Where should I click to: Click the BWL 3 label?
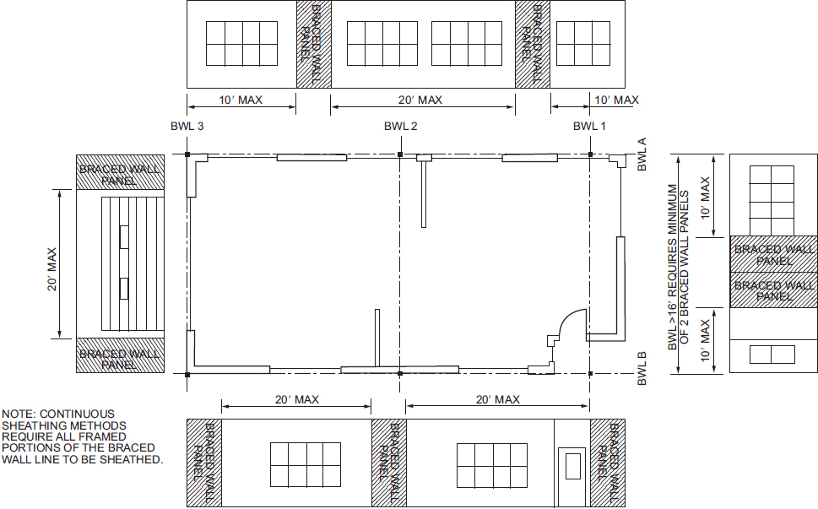pos(187,127)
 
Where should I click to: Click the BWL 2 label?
pos(401,127)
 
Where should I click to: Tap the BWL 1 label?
pos(589,127)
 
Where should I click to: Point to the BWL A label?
pos(642,154)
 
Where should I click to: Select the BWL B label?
pos(642,369)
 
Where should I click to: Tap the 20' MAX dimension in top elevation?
pos(420,100)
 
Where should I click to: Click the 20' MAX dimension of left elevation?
pos(52,269)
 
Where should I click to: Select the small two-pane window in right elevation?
pos(772,355)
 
